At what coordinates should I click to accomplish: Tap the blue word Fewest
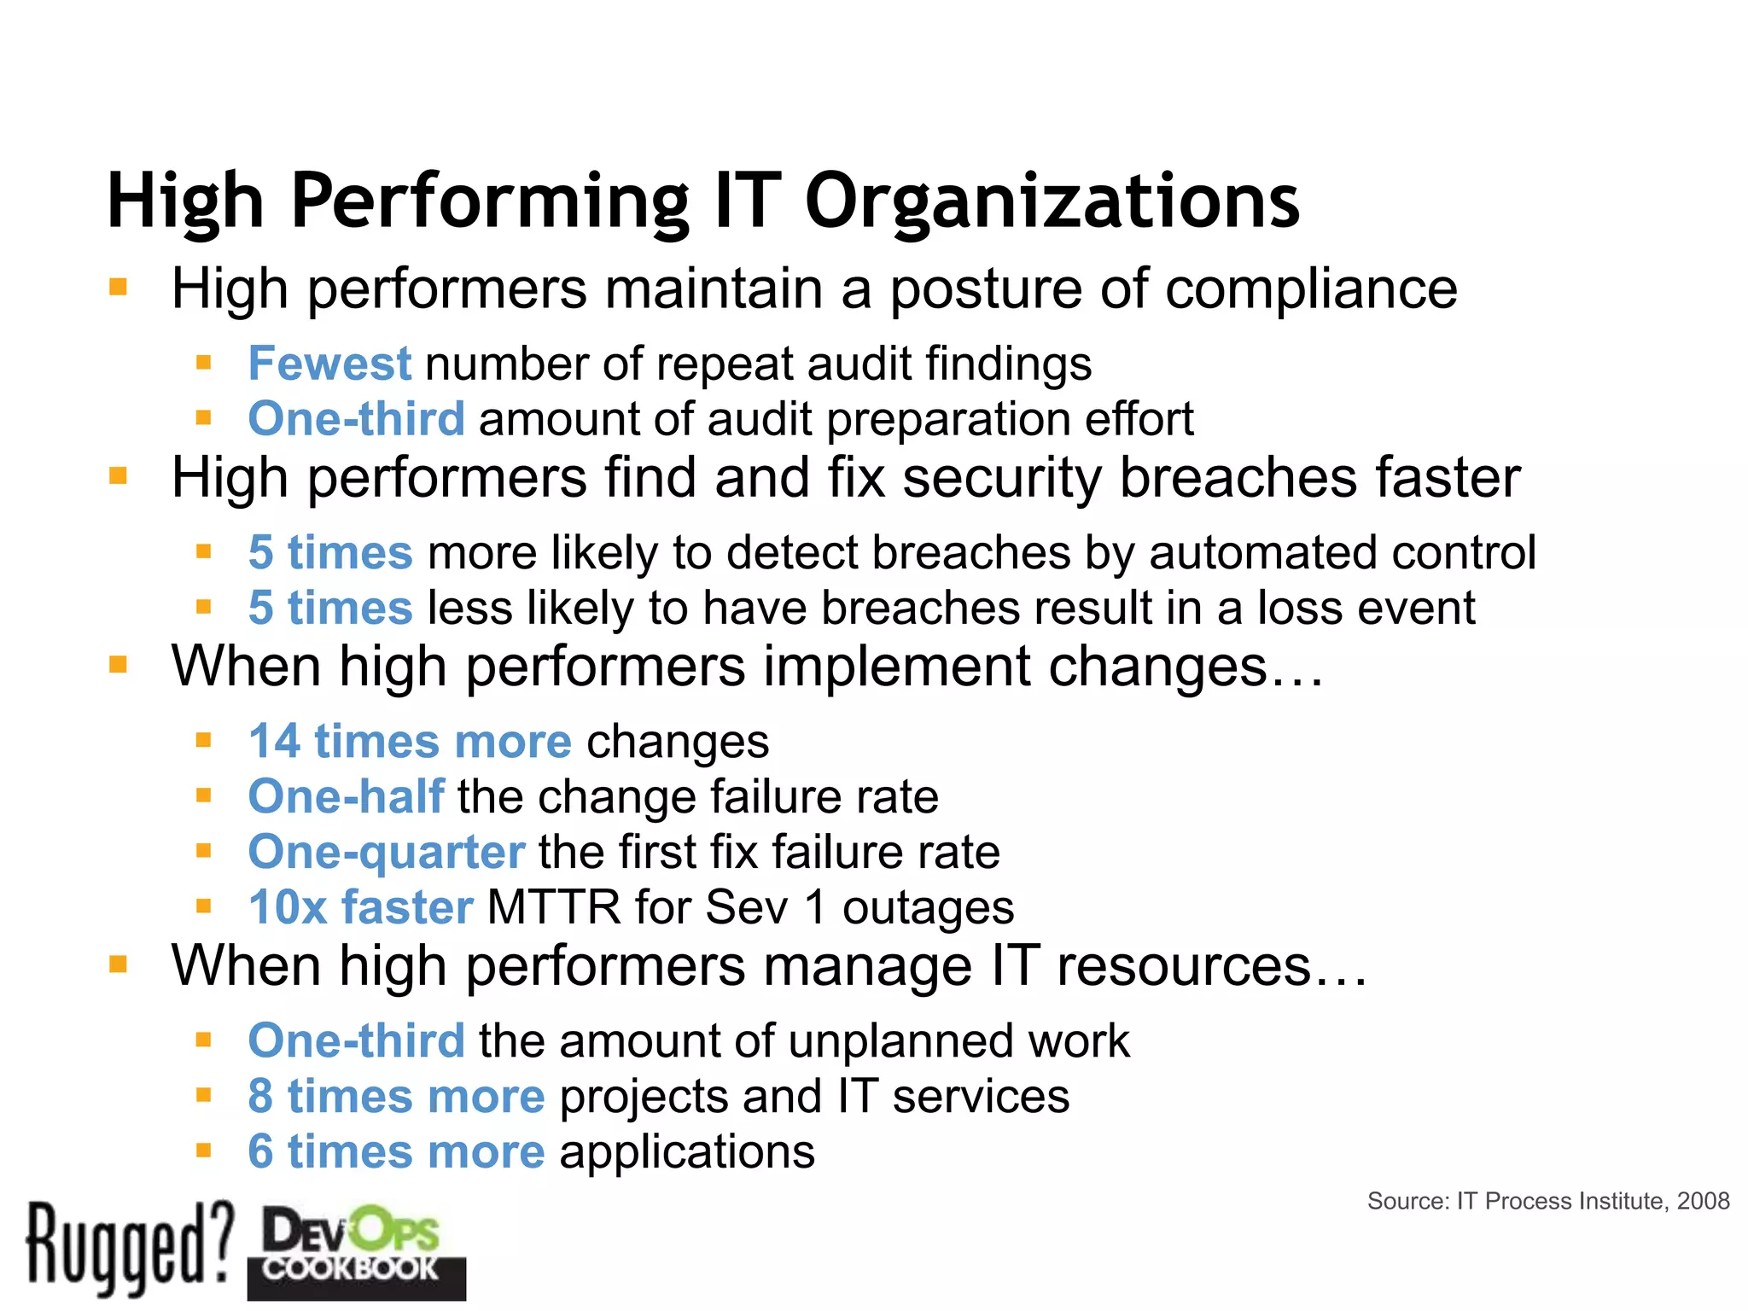[329, 364]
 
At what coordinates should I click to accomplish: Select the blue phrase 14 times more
[410, 741]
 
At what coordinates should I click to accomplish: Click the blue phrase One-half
[346, 796]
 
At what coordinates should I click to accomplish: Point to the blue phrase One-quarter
[386, 852]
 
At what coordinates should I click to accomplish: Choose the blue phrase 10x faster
[360, 906]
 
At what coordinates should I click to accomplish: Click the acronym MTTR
[554, 906]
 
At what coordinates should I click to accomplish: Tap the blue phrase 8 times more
[396, 1096]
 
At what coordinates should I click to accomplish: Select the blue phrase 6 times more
[396, 1151]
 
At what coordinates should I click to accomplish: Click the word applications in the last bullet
[687, 1152]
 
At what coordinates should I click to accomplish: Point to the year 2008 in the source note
[1703, 1201]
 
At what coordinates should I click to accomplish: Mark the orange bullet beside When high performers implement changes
[118, 664]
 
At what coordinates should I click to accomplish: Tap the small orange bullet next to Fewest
[203, 363]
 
